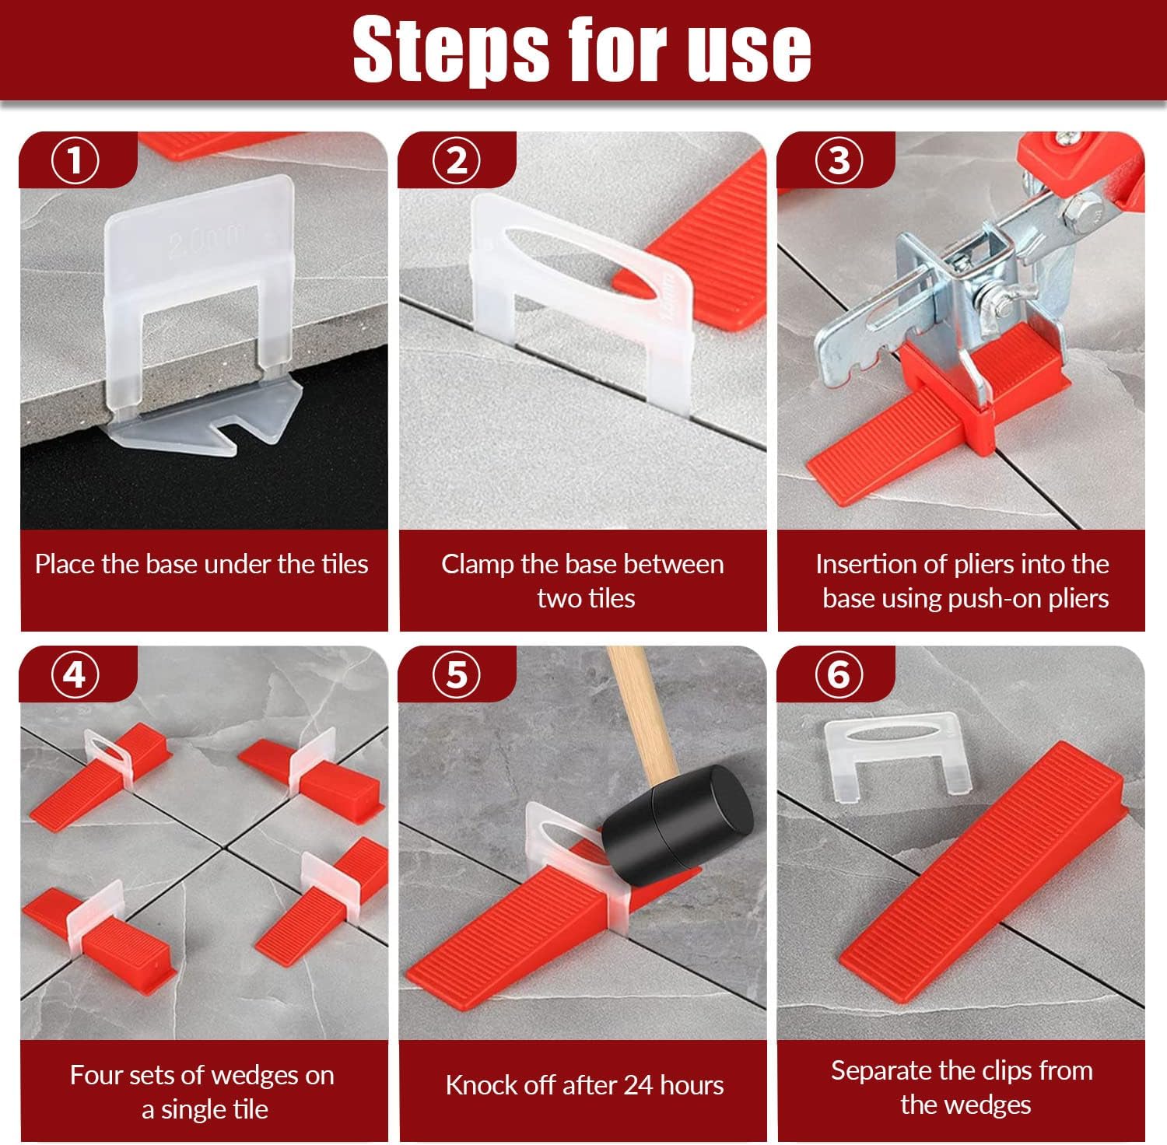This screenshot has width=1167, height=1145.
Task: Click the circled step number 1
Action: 75,161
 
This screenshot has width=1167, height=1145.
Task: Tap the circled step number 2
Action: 457,161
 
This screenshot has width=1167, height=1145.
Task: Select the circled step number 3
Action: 839,161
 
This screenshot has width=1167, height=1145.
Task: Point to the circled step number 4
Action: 75,674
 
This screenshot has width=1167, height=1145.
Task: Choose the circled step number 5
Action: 457,674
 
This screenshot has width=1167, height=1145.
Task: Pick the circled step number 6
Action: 839,674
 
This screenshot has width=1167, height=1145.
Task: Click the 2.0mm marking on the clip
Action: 207,240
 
